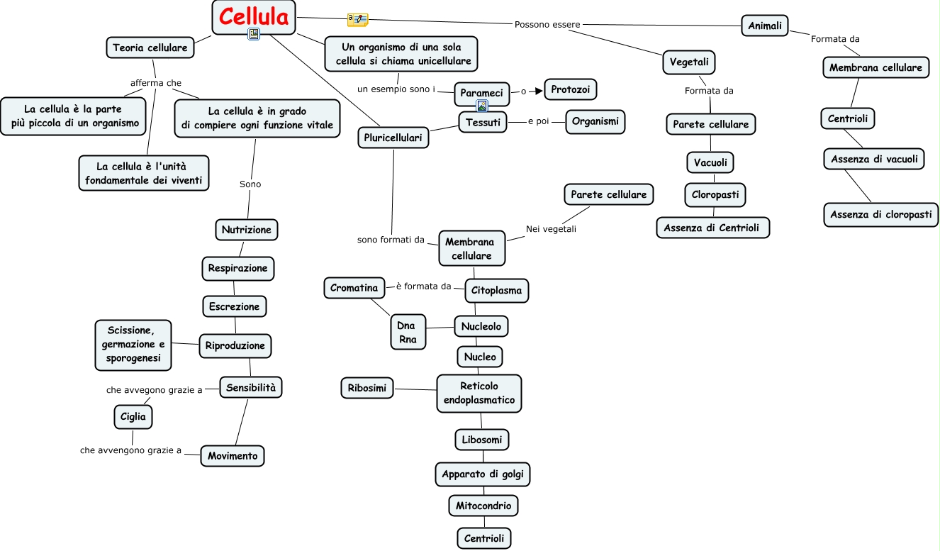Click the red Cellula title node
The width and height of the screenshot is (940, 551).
click(x=254, y=17)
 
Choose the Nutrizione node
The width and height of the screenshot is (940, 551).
click(x=246, y=230)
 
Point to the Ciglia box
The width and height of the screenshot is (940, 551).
click(x=133, y=417)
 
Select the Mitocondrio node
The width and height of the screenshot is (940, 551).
click(x=483, y=506)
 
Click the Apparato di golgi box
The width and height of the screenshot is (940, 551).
click(x=483, y=474)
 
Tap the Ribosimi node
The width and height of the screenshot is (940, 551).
click(x=367, y=389)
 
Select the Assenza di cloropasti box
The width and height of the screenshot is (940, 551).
click(x=880, y=214)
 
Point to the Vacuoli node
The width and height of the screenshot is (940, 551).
click(x=710, y=162)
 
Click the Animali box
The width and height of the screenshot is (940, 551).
click(x=765, y=26)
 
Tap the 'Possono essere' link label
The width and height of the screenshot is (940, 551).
click(x=547, y=25)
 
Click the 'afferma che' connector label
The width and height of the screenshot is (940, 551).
click(x=156, y=83)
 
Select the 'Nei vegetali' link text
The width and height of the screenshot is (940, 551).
click(x=551, y=229)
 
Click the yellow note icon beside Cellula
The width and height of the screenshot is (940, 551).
click(x=357, y=20)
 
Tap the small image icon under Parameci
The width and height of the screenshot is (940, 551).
click(x=482, y=106)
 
